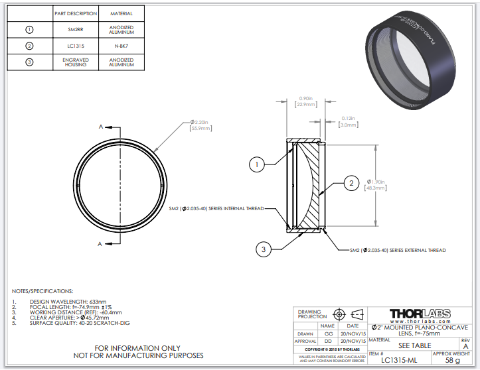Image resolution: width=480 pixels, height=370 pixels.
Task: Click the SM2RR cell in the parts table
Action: [75, 29]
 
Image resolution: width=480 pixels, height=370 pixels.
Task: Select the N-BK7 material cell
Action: [121, 46]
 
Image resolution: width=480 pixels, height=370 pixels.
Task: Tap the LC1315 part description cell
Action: [75, 46]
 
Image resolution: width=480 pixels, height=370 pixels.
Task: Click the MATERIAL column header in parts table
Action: [121, 13]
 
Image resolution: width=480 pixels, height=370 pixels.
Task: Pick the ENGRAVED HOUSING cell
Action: [75, 62]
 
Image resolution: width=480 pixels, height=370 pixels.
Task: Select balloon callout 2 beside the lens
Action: [351, 183]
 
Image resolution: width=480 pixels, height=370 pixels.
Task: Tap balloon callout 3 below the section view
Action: [264, 249]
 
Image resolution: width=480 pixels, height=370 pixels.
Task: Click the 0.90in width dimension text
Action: [306, 101]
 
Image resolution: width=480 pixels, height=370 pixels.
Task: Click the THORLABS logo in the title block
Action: [420, 313]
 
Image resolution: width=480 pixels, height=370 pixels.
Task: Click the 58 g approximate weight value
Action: [453, 360]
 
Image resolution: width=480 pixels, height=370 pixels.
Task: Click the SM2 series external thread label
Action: [398, 250]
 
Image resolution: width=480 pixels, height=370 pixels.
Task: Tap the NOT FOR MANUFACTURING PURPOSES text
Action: [137, 355]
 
